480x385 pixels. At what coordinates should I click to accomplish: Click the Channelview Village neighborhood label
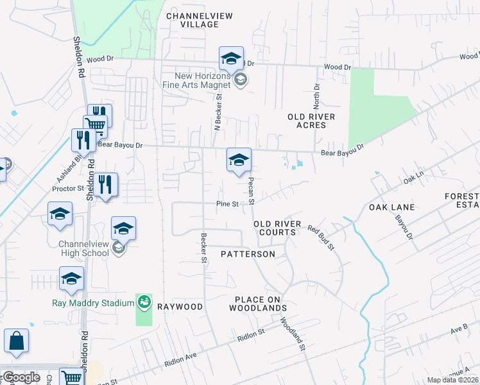[193, 19]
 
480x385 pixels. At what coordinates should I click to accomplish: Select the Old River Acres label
[311, 121]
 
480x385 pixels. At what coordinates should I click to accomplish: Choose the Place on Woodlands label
[260, 304]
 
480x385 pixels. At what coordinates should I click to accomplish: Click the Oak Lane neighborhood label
[391, 207]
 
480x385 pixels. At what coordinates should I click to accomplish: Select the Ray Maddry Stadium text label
[92, 302]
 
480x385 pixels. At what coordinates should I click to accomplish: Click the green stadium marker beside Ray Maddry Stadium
[144, 301]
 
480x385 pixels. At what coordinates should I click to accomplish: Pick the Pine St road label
[227, 204]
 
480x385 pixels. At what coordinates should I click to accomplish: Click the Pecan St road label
[252, 191]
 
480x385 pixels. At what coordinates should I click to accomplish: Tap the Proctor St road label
[68, 189]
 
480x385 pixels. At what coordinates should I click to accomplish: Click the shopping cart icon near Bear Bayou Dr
[95, 125]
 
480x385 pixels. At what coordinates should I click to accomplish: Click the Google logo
[21, 377]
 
